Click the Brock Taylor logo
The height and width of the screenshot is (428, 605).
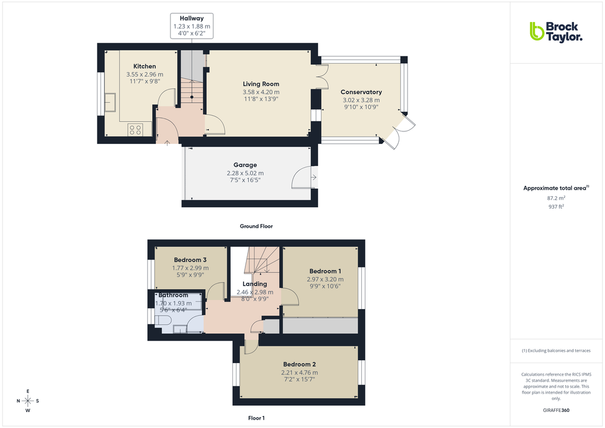[x=556, y=32]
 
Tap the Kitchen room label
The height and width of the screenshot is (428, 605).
[x=144, y=67]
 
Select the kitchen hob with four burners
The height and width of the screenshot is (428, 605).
[x=135, y=129]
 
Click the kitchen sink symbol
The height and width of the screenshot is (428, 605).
[x=111, y=102]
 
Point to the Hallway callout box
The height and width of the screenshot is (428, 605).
[x=191, y=26]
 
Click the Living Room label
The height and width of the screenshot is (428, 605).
[x=261, y=84]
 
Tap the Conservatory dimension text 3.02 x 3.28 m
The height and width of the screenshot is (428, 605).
[x=361, y=100]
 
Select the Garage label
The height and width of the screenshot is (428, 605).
[x=245, y=165]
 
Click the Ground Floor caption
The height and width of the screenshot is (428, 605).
[x=256, y=226]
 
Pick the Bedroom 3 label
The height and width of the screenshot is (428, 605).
[x=190, y=260]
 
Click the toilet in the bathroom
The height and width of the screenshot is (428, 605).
[x=163, y=321]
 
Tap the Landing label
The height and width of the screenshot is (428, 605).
[x=254, y=284]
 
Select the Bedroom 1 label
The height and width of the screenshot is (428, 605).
[x=325, y=272]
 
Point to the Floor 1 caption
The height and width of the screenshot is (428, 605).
[x=256, y=418]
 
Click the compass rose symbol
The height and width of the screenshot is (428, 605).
[x=28, y=400]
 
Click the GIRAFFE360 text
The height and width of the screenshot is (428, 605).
[x=556, y=410]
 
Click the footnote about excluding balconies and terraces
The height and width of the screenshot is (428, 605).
[x=556, y=351]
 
